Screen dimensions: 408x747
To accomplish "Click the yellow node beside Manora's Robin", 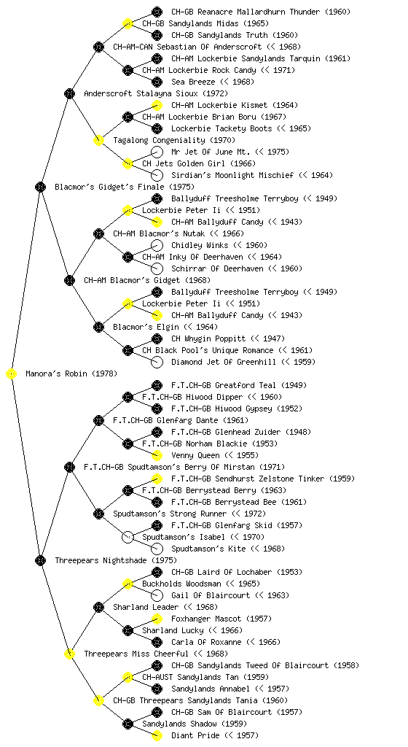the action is pyautogui.click(x=12, y=373).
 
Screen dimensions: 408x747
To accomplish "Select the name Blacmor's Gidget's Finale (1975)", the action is pyautogui.click(x=125, y=187).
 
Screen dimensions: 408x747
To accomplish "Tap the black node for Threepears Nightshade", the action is pyautogui.click(x=40, y=560).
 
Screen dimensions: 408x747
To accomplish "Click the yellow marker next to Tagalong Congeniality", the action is pyautogui.click(x=98, y=140).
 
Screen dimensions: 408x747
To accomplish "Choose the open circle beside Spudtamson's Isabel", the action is pyautogui.click(x=127, y=537).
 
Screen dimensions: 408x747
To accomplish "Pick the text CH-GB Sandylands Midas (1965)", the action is pyautogui.click(x=205, y=23).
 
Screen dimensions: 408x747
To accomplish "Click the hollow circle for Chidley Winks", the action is pyautogui.click(x=157, y=245).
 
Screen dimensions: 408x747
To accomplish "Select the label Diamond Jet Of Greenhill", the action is pyautogui.click(x=224, y=362).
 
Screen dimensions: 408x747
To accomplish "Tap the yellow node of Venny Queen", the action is pyautogui.click(x=157, y=455).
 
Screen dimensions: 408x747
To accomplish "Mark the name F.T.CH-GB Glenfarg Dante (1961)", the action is pyautogui.click(x=181, y=420).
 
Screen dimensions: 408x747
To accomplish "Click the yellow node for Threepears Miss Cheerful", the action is pyautogui.click(x=69, y=654).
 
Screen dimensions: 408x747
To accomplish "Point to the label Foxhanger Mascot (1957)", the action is pyautogui.click(x=221, y=619).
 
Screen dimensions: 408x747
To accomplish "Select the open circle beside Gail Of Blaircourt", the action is pyautogui.click(x=157, y=595).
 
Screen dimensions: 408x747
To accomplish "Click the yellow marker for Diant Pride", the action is pyautogui.click(x=157, y=735).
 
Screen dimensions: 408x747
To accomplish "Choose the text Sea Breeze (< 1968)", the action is pyautogui.click(x=213, y=82).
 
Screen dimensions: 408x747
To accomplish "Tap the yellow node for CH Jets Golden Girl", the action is pyautogui.click(x=127, y=163).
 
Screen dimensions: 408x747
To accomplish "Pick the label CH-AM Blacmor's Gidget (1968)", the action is pyautogui.click(x=147, y=280).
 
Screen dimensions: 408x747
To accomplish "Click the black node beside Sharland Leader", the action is pyautogui.click(x=98, y=607).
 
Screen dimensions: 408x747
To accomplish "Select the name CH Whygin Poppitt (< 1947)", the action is pyautogui.click(x=228, y=338).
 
